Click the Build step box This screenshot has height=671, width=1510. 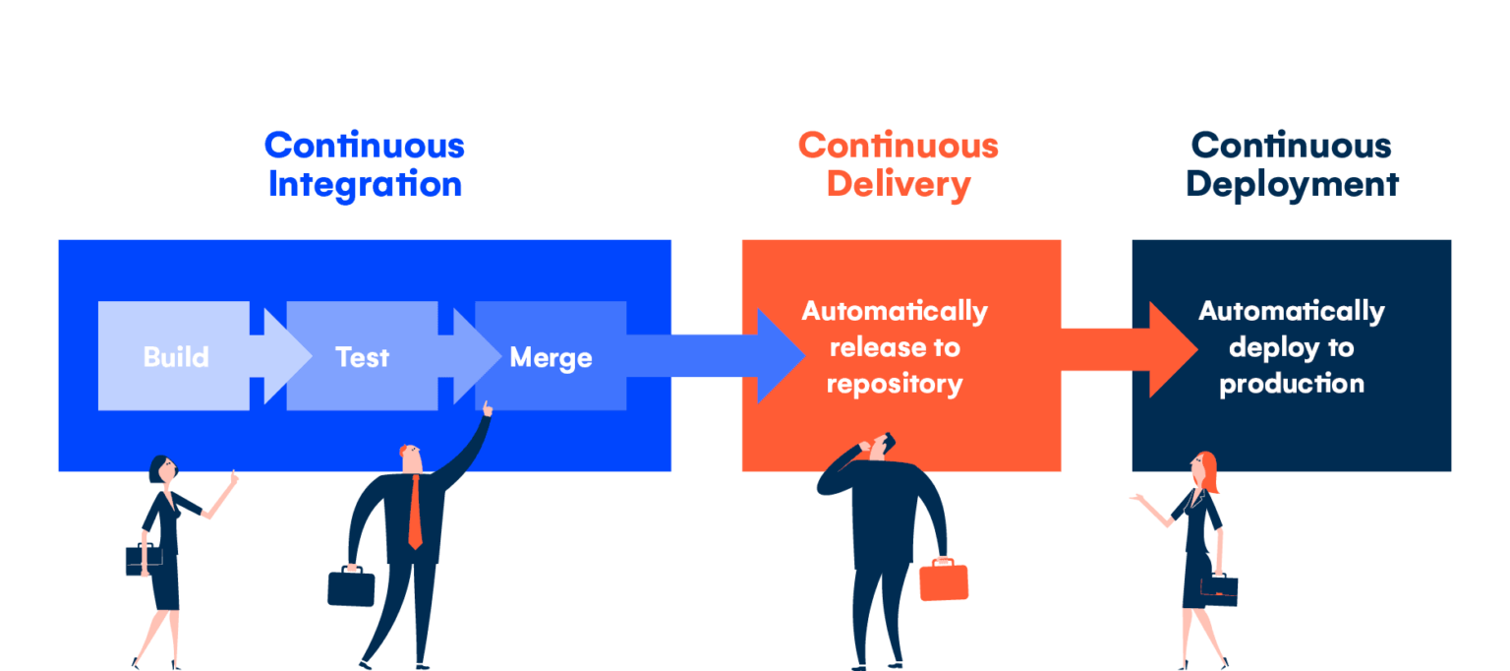click(174, 356)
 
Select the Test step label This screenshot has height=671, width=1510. click(362, 357)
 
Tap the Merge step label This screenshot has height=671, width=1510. click(551, 357)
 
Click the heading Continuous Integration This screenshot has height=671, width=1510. click(365, 164)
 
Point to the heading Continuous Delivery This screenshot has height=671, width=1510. click(899, 164)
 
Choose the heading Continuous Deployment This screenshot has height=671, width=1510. click(1292, 164)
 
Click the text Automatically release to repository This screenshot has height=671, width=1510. click(895, 347)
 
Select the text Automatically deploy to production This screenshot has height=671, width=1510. click(1292, 347)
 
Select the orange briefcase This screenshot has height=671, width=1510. click(944, 579)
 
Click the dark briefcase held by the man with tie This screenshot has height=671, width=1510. click(351, 586)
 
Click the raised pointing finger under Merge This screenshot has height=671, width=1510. click(487, 408)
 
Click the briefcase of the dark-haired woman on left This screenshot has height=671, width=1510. click(144, 559)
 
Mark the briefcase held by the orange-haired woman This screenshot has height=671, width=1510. click(1219, 589)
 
